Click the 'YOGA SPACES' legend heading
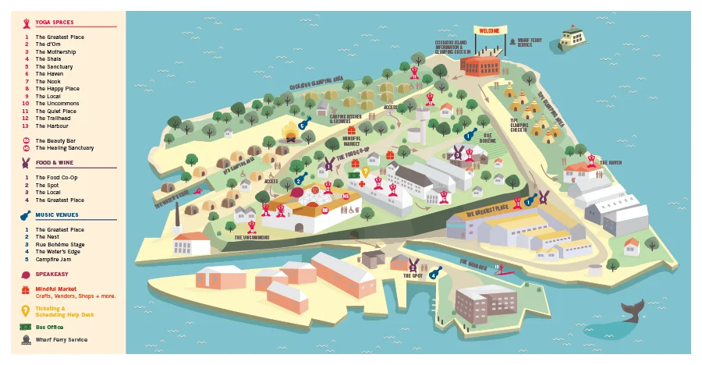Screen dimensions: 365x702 (x=54, y=23)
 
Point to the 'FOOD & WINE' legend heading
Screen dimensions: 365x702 (x=54, y=163)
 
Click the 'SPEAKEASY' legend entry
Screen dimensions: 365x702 (x=50, y=275)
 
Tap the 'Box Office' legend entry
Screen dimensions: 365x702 (x=51, y=327)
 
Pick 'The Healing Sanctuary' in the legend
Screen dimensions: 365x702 (x=64, y=148)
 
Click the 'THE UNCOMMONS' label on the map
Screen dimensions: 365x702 (x=251, y=236)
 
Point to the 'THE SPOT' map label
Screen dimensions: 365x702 (x=413, y=275)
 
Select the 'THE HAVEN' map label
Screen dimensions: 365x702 (x=610, y=162)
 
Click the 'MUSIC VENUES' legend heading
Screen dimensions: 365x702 (x=56, y=215)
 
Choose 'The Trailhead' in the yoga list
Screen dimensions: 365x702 (x=55, y=119)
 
